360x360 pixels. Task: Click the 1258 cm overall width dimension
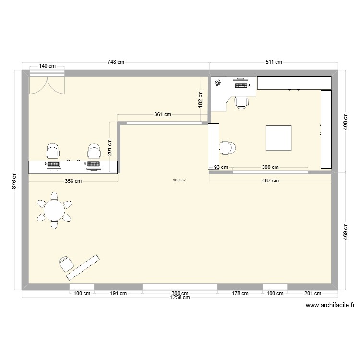point(180,298)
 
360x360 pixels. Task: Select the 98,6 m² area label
point(180,180)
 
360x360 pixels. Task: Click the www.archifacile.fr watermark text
point(329,305)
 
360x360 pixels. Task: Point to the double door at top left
point(47,84)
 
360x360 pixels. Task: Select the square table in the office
point(279,138)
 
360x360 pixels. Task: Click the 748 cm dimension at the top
point(116,62)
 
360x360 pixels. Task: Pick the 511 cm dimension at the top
point(274,62)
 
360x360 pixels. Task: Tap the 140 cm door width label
point(47,66)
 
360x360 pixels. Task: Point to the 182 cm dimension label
point(201,100)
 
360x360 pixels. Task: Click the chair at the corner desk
point(241,101)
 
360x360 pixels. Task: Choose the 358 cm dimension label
point(73,181)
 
